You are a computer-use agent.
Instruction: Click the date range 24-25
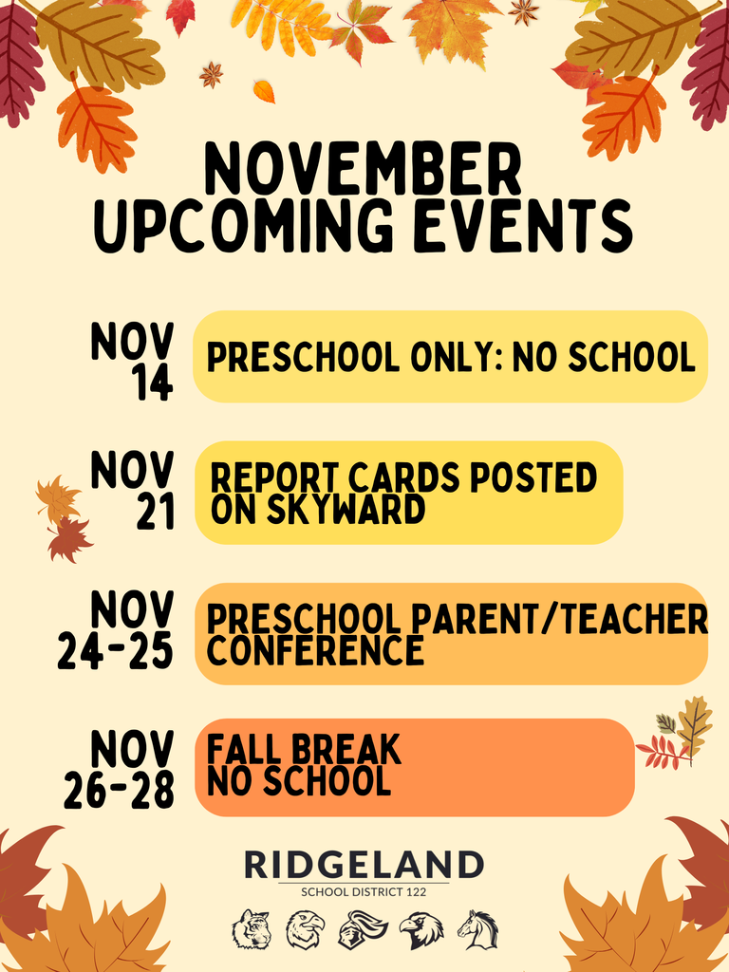tap(115, 651)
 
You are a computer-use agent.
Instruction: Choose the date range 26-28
tap(119, 790)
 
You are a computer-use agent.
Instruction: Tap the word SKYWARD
tap(318, 510)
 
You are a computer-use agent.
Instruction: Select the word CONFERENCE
tap(315, 651)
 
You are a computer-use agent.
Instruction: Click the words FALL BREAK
tap(304, 751)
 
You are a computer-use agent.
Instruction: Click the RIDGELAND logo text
tap(364, 865)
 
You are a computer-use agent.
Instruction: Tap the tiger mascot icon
tap(252, 929)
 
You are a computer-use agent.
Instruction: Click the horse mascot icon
tap(477, 929)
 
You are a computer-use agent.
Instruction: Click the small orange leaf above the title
tap(264, 92)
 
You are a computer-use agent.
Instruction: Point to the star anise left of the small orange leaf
tap(211, 74)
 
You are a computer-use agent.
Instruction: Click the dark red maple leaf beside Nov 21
tap(69, 539)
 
